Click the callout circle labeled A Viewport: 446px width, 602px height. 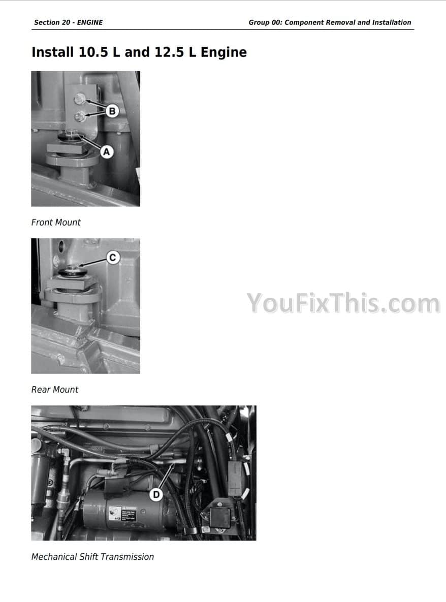tap(107, 152)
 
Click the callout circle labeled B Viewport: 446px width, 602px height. tap(112, 111)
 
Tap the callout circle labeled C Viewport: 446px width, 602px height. tap(112, 257)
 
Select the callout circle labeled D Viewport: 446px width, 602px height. tap(156, 494)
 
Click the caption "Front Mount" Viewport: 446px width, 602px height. tap(56, 223)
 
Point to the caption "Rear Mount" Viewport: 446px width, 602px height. tap(55, 390)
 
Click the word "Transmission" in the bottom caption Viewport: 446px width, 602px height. tap(127, 557)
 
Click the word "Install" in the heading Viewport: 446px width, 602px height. tap(53, 52)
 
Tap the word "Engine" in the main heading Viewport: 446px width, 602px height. tap(224, 52)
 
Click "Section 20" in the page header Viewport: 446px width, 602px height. tap(52, 23)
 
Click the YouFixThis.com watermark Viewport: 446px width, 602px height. tap(343, 303)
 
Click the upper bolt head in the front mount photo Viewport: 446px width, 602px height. tap(79, 100)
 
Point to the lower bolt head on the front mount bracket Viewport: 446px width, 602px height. tap(80, 115)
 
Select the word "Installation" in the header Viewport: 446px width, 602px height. tap(392, 23)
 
